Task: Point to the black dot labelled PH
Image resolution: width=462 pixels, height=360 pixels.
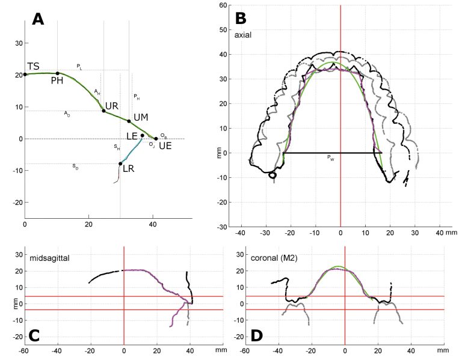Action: coord(58,73)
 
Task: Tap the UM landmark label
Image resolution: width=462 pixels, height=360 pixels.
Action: coord(140,116)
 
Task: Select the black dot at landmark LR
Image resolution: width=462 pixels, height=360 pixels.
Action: coord(120,163)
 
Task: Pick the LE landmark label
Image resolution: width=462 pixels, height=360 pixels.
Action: coord(132,136)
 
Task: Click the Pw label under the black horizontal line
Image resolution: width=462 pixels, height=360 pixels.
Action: coord(330,157)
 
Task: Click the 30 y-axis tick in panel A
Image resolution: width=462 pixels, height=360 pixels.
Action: coord(18,43)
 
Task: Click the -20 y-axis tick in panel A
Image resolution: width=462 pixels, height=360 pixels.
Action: coord(16,203)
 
